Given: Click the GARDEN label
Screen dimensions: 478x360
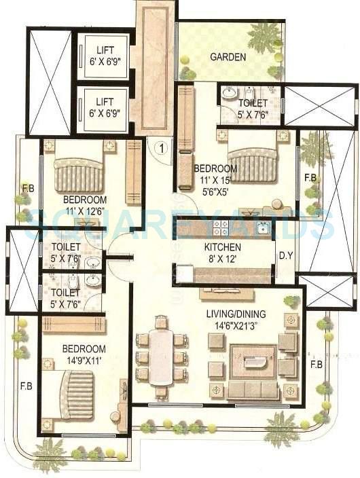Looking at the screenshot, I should [x=228, y=57].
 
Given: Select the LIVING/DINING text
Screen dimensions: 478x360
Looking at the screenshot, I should [x=236, y=314].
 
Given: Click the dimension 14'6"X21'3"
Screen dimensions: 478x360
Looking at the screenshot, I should [x=236, y=325].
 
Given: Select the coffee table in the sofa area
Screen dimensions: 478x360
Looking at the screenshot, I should [x=253, y=361].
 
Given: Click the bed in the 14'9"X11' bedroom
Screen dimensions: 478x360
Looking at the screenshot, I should [x=76, y=394].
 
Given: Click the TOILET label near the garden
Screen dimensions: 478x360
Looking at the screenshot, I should [x=253, y=103].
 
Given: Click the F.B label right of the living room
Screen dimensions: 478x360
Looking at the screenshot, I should [x=316, y=365].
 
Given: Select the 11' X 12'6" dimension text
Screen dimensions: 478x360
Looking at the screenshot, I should [x=85, y=211].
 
